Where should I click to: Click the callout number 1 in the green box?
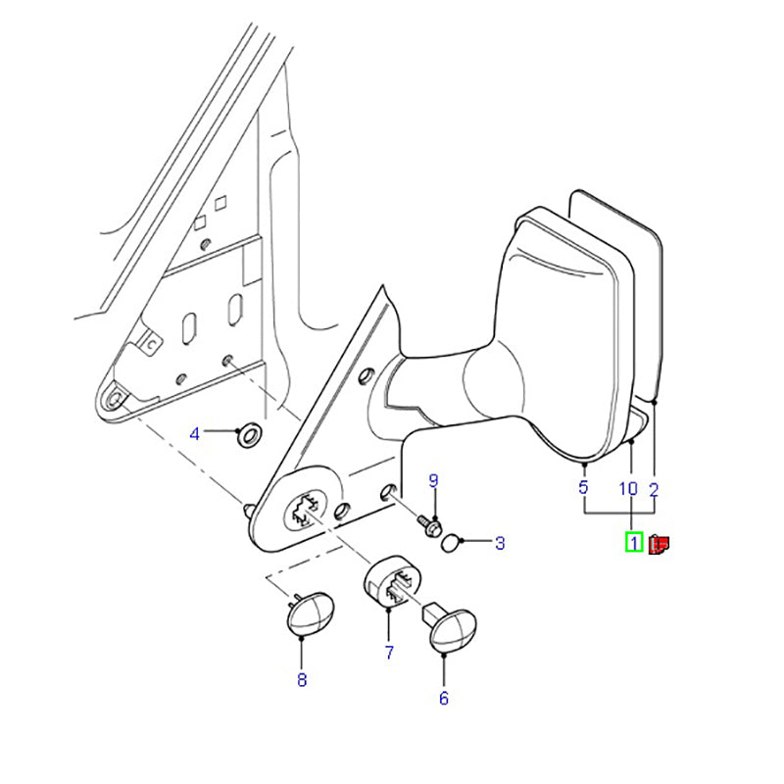(x=634, y=543)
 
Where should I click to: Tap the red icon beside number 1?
(x=659, y=544)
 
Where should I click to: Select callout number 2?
(x=654, y=490)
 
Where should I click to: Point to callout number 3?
(x=500, y=543)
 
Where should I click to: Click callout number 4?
(x=194, y=433)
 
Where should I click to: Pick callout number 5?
(x=583, y=487)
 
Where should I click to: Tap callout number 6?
(x=444, y=698)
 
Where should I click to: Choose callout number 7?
(x=389, y=652)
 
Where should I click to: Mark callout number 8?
(x=302, y=679)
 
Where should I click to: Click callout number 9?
(x=433, y=480)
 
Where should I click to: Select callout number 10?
(x=628, y=488)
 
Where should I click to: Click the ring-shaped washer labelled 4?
(x=250, y=434)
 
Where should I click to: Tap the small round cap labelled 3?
(x=450, y=543)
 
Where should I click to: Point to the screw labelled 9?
(x=430, y=525)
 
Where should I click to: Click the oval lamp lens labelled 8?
(x=310, y=614)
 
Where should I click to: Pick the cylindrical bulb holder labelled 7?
(x=391, y=580)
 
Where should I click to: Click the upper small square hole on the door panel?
(x=220, y=203)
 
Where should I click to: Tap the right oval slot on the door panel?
(x=235, y=310)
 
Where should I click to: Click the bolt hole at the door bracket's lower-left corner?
(x=116, y=399)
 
